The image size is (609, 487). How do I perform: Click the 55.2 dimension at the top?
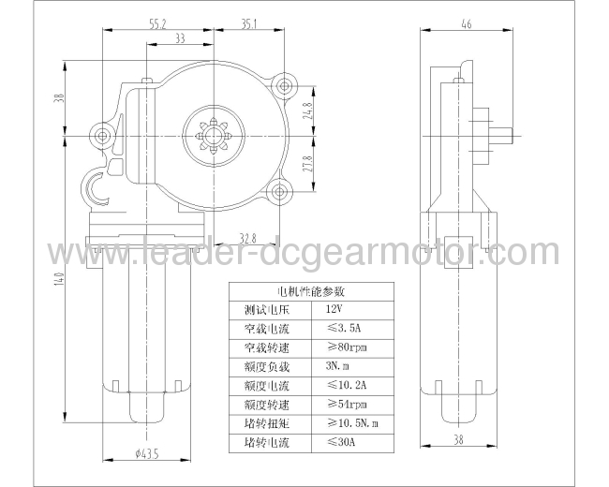pyautogui.click(x=156, y=25)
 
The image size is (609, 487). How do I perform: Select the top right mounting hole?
pyautogui.click(x=282, y=88)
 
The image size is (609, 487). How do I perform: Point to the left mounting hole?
pyautogui.click(x=103, y=136)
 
